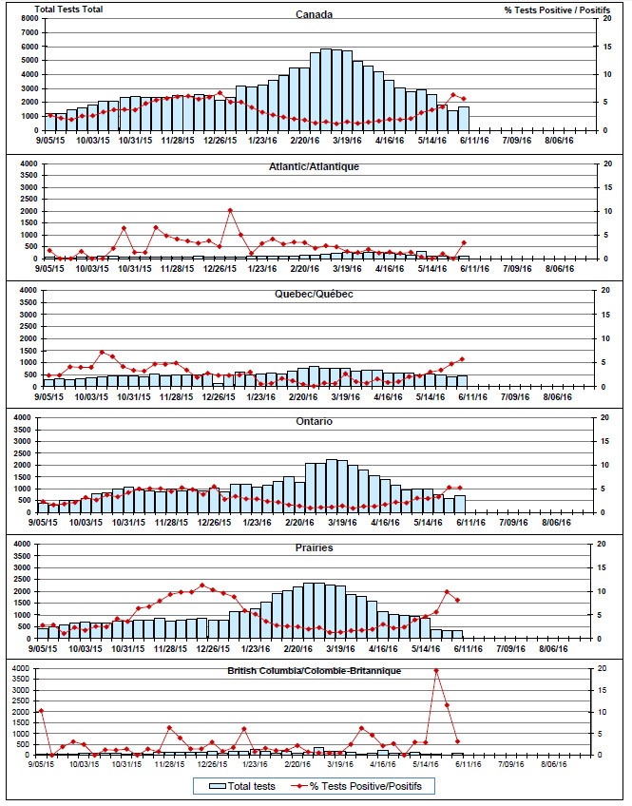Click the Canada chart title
[x=314, y=14]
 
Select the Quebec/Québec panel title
[x=316, y=294]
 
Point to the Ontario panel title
[x=314, y=422]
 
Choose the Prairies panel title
[x=314, y=548]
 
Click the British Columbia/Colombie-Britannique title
[x=314, y=671]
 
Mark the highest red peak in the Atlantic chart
[x=230, y=210]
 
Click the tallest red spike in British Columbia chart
[x=436, y=670]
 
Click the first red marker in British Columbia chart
[x=41, y=711]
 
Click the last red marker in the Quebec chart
[x=463, y=359]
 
